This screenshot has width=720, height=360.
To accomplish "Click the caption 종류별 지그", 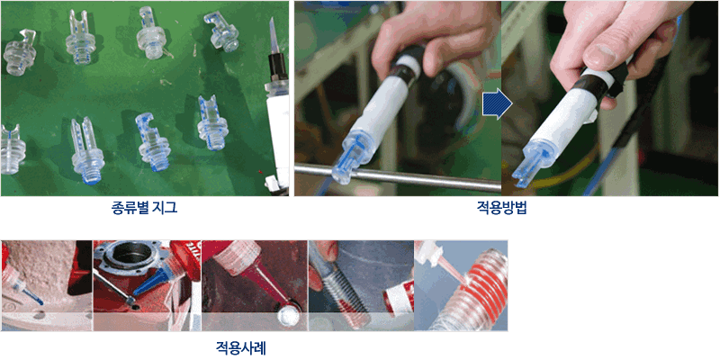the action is point(144,209).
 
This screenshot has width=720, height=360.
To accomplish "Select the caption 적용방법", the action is point(502,209).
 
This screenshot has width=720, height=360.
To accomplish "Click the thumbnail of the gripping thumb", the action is point(600,54).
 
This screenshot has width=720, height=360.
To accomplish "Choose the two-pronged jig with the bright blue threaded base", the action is point(87,150).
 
